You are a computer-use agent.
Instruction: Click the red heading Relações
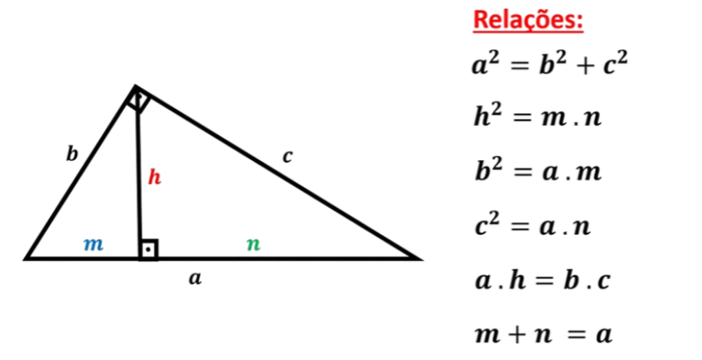(528, 21)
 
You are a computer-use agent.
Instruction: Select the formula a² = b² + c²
(550, 63)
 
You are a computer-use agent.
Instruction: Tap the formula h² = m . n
(537, 117)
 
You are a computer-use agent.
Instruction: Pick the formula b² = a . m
(538, 171)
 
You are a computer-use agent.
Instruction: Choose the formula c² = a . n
(533, 226)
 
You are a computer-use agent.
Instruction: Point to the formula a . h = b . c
(543, 280)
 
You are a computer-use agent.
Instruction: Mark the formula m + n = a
(543, 335)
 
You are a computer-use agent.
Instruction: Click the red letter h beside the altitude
(155, 177)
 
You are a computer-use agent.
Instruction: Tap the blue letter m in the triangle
(94, 245)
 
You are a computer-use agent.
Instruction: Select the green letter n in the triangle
(254, 245)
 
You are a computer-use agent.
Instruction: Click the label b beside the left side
(72, 154)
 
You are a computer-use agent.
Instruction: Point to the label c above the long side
(287, 157)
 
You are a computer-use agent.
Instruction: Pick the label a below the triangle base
(195, 278)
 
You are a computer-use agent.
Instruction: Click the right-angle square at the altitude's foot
(148, 249)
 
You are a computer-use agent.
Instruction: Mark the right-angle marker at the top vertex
(138, 101)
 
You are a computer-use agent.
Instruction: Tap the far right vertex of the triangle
(420, 258)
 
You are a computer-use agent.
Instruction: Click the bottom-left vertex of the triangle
(25, 258)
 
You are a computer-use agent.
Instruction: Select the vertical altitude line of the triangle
(139, 173)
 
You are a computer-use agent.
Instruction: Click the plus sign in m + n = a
(517, 336)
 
